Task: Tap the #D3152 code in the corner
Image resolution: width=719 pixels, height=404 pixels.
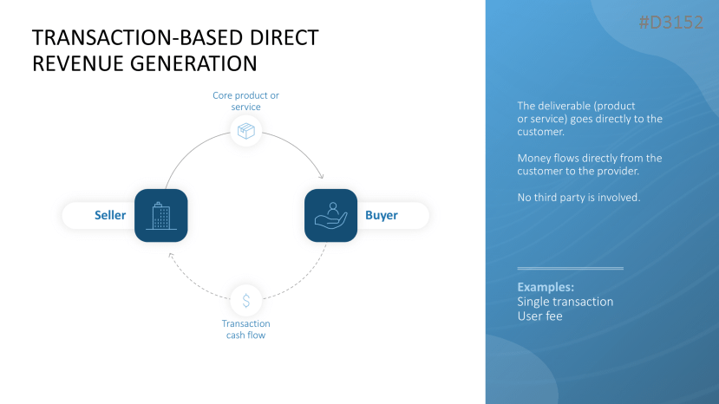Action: [x=670, y=23]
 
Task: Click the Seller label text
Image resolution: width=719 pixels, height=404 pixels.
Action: [x=110, y=216]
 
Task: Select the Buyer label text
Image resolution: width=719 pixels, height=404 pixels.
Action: [x=381, y=216]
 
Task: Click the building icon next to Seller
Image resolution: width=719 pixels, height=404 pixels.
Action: [x=160, y=215]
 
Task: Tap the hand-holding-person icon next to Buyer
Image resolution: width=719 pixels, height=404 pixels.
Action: [x=330, y=215]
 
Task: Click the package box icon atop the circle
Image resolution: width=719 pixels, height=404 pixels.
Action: [x=246, y=131]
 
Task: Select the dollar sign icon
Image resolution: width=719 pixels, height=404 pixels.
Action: [x=246, y=301]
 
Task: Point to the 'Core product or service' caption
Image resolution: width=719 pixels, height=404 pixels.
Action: [x=246, y=101]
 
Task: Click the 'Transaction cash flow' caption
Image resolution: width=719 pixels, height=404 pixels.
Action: [x=245, y=329]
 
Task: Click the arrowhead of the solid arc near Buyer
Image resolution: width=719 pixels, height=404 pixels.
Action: [x=321, y=174]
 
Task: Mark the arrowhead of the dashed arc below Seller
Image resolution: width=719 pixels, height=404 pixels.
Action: [x=171, y=255]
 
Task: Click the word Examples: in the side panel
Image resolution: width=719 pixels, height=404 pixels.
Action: [x=546, y=287]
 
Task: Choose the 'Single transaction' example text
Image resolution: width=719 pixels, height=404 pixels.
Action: [x=565, y=302]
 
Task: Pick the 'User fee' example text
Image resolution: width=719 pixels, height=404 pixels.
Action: [x=539, y=316]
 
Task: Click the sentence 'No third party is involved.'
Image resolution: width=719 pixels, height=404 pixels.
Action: [x=578, y=198]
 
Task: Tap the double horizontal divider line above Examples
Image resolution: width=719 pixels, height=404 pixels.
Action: [x=570, y=269]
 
